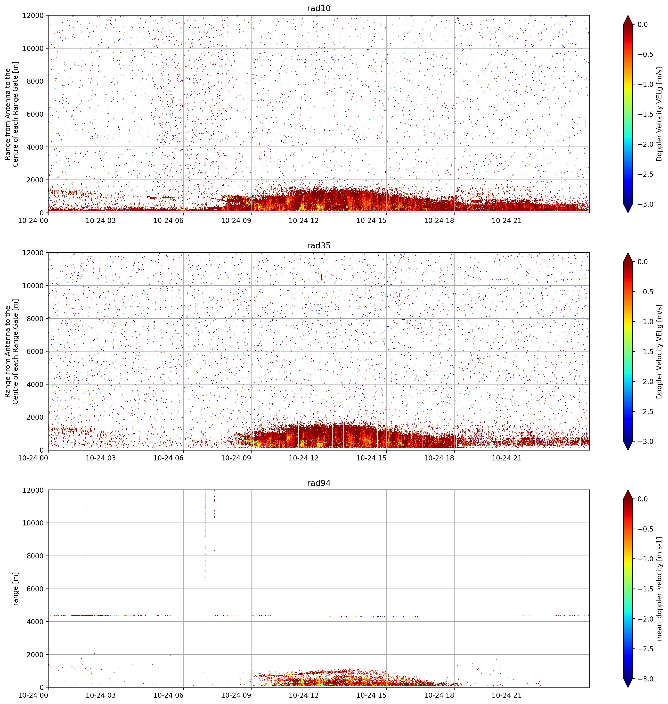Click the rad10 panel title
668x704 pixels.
(x=319, y=8)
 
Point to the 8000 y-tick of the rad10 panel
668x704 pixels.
(x=36, y=81)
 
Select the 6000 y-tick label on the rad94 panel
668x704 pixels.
(x=36, y=589)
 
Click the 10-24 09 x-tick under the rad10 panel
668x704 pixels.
(x=236, y=221)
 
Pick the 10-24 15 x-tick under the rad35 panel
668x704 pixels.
(x=371, y=458)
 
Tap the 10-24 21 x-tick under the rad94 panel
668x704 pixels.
(x=507, y=695)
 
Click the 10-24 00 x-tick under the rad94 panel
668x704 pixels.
(x=33, y=695)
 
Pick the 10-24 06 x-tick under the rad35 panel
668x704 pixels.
(x=169, y=458)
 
